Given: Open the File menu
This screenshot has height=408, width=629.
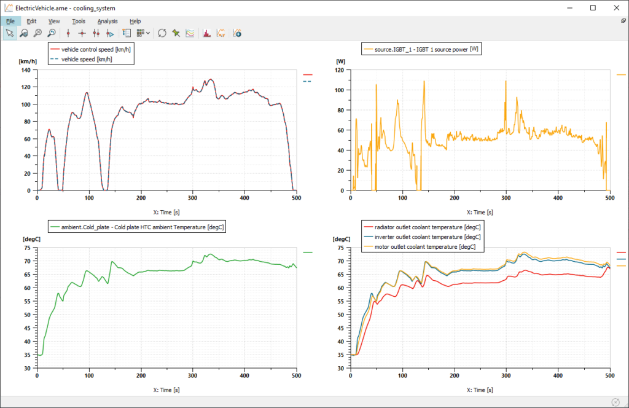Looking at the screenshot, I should pyautogui.click(x=10, y=21).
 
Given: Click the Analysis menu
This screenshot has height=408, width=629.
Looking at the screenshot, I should pyautogui.click(x=107, y=21).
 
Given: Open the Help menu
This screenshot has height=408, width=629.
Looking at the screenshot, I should pyautogui.click(x=135, y=21).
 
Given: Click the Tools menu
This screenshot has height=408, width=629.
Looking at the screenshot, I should pyautogui.click(x=79, y=21).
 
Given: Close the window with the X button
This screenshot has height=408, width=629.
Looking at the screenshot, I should pyautogui.click(x=614, y=8).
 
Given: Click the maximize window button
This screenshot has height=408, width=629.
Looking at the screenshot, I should pyautogui.click(x=593, y=8).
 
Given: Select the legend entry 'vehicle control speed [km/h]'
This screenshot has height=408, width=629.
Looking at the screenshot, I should pyautogui.click(x=96, y=49).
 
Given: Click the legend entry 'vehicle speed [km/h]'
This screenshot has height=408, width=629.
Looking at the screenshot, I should pyautogui.click(x=86, y=59).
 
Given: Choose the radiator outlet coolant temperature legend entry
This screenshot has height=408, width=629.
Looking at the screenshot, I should pyautogui.click(x=424, y=227).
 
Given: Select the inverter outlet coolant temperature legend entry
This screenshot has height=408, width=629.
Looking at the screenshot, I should pyautogui.click(x=424, y=237).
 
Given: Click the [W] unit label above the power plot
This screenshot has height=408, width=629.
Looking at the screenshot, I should pyautogui.click(x=341, y=61).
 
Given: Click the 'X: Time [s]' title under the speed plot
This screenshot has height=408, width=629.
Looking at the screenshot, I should pyautogui.click(x=166, y=212).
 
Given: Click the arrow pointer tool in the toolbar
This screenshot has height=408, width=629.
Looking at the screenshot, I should pyautogui.click(x=10, y=33).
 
